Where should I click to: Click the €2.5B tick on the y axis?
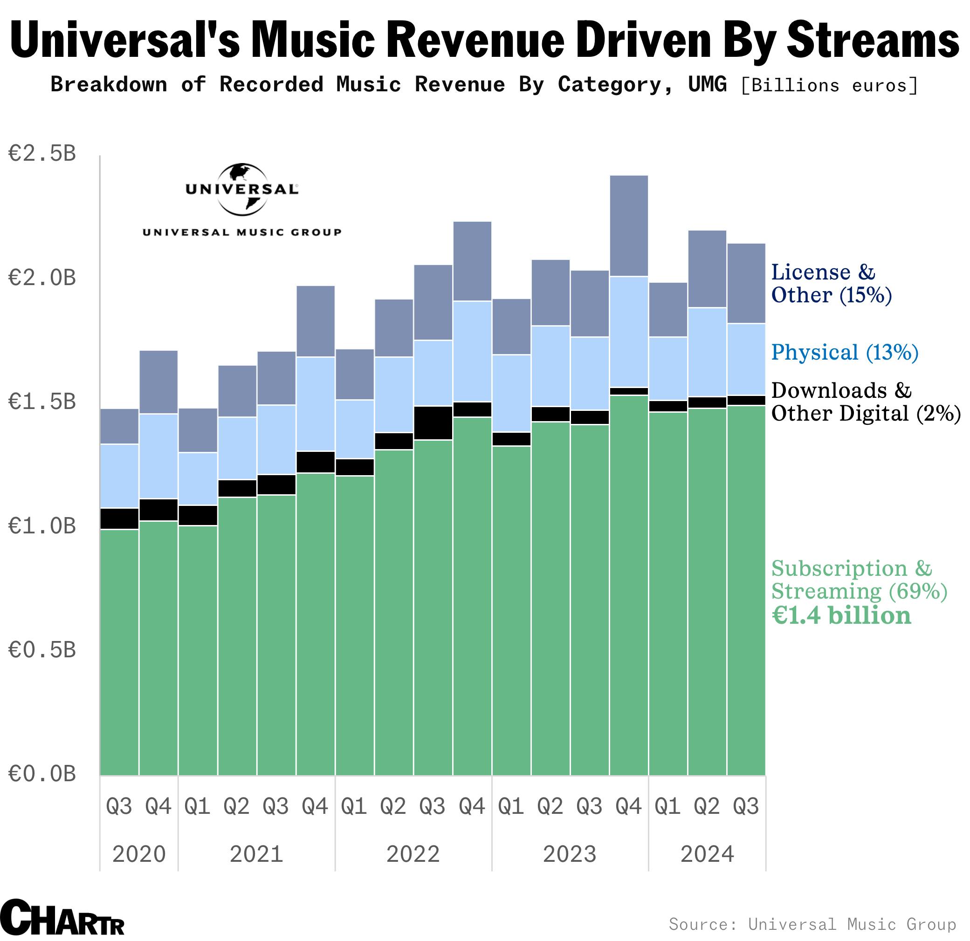42,154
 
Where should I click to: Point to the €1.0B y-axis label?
42,526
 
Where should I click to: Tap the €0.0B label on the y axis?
42,774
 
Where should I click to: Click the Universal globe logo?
242,190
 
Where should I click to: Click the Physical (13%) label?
844,353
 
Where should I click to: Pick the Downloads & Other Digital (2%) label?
865,402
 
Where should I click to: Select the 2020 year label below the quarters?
138,854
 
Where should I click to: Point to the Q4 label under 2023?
628,806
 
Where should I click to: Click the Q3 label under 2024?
745,806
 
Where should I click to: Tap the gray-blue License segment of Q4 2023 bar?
628,225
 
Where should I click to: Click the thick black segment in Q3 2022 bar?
433,423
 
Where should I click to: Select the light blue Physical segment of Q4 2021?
315,404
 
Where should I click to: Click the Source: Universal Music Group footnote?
812,924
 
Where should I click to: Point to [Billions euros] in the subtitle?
829,86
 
